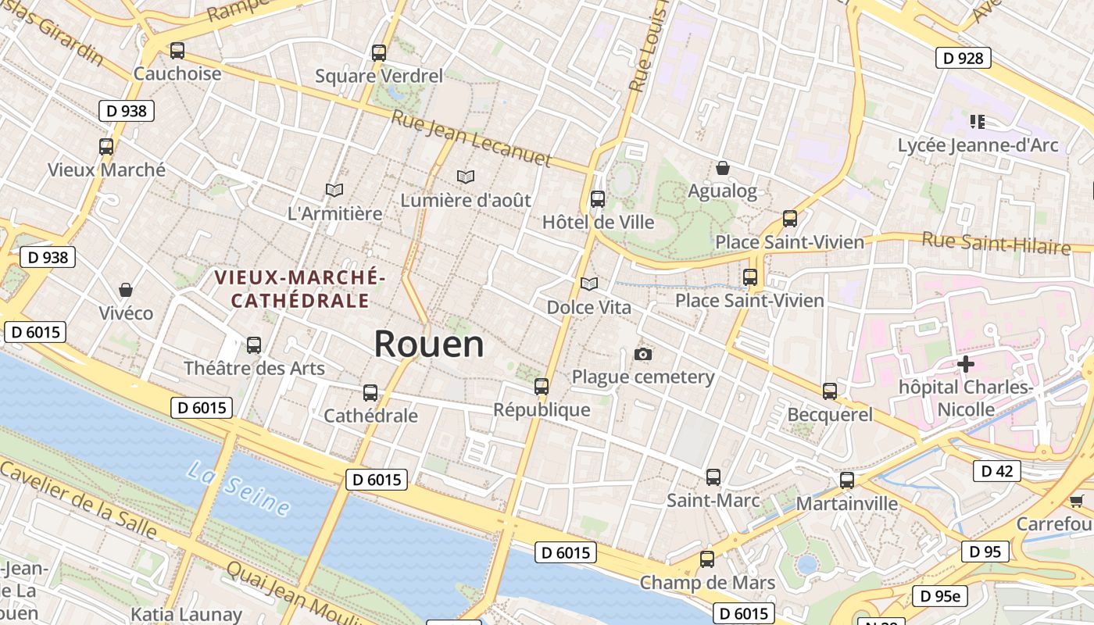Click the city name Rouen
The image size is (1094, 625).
428,345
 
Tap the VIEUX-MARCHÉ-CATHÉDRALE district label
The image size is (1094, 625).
300,288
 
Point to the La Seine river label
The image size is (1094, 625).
238,487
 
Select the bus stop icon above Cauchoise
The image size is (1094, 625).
177,51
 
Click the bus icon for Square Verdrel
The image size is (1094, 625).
379,53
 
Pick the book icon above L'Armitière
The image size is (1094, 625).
334,190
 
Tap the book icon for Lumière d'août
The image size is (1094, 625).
466,177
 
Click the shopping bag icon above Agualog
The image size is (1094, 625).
723,168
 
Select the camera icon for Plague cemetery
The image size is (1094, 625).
643,355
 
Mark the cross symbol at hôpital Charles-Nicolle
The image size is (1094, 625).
966,364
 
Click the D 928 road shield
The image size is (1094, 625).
963,58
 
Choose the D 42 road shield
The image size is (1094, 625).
996,471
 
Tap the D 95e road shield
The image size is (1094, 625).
940,596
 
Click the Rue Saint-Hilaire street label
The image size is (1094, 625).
996,242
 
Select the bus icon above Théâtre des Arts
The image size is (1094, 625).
254,345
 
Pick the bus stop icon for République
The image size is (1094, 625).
542,386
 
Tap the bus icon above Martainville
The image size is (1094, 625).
847,480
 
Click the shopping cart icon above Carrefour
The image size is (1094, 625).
1076,501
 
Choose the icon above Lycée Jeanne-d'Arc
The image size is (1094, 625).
977,121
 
